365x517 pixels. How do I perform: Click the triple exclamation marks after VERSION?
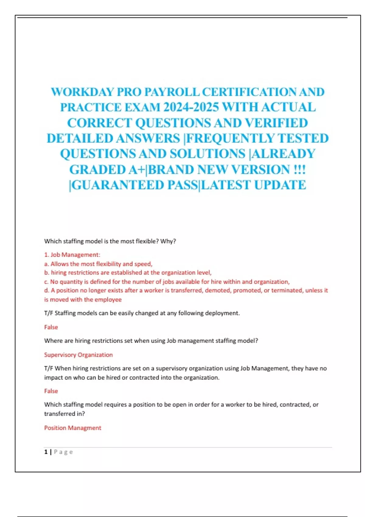[x=299, y=170]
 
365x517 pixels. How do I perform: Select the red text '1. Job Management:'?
[x=72, y=255]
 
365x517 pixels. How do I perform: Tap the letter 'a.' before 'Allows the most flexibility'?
[x=47, y=264]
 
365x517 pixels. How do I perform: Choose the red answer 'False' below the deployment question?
[x=51, y=327]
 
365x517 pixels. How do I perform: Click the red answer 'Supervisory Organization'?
[x=78, y=355]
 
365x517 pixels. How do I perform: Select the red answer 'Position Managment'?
[x=73, y=428]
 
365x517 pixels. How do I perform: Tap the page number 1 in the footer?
[x=46, y=452]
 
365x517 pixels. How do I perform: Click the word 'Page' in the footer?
[x=63, y=452]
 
